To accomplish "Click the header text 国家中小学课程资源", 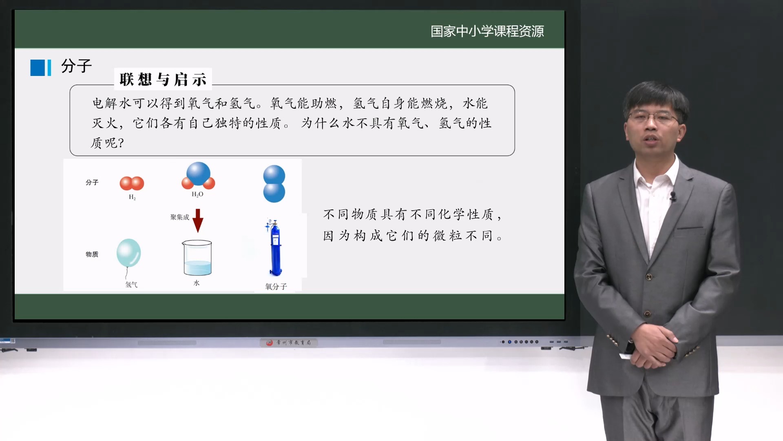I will point(487,31).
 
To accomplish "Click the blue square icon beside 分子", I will point(38,68).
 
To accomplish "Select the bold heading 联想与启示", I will point(163,79).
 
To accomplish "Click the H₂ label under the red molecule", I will point(132,197).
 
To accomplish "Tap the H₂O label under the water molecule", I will point(197,194).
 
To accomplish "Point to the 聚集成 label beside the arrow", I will point(179,217).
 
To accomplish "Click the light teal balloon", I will point(128,253).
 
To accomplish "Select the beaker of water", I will point(197,258).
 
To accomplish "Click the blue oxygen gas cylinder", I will point(275,249).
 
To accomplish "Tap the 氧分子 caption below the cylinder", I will point(276,287).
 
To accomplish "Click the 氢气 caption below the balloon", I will point(131,285).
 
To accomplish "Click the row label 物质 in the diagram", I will point(92,254).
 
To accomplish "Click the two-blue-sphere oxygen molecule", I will point(274,184).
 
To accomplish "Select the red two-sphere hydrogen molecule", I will point(132,183).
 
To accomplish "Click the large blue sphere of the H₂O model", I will point(198,173).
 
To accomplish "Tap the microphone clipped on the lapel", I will point(672,196).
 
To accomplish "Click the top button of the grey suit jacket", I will point(648,277).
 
